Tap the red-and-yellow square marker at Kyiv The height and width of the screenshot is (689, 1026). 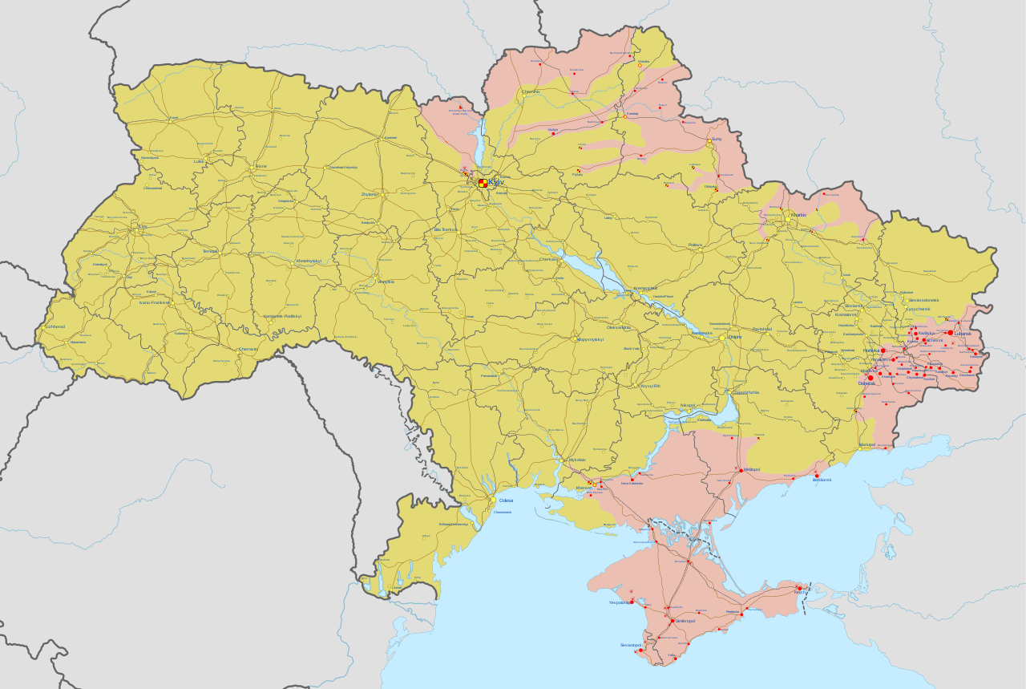pyautogui.click(x=483, y=183)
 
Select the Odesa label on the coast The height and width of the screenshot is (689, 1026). pyautogui.click(x=506, y=501)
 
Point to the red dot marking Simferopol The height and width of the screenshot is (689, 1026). pyautogui.click(x=672, y=622)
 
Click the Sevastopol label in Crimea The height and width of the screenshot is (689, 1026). pyautogui.click(x=630, y=645)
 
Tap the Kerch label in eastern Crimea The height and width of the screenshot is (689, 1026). pyautogui.click(x=801, y=592)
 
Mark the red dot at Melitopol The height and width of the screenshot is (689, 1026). pyautogui.click(x=741, y=469)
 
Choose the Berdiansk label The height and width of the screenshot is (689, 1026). pyautogui.click(x=822, y=480)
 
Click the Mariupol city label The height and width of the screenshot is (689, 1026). pyautogui.click(x=867, y=444)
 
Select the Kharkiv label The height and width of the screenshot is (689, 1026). pyautogui.click(x=798, y=215)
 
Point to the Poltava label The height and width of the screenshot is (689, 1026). pyautogui.click(x=695, y=245)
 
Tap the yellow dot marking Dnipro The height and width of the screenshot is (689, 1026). pyautogui.click(x=721, y=338)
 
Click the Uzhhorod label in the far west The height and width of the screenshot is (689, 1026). pyautogui.click(x=55, y=326)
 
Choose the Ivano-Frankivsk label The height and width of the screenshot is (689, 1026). pyautogui.click(x=154, y=302)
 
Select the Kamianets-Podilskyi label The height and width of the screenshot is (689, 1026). pyautogui.click(x=283, y=316)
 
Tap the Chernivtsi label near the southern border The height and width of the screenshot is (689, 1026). pyautogui.click(x=248, y=349)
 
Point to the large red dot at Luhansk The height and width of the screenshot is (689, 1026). pyautogui.click(x=951, y=332)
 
